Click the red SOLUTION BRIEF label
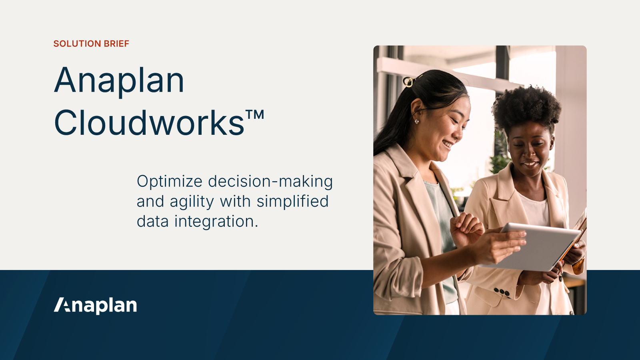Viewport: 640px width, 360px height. click(91, 44)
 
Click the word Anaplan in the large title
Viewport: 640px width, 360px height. click(119, 81)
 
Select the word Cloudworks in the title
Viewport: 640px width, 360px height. click(149, 123)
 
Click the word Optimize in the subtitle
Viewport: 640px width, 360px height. click(170, 182)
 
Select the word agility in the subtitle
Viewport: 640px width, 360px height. click(192, 202)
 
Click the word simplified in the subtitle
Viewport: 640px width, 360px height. click(292, 201)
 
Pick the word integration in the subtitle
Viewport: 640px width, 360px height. click(216, 222)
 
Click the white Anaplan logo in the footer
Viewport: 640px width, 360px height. click(96, 305)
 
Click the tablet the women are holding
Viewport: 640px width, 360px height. click(536, 246)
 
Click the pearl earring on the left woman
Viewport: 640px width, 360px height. click(417, 121)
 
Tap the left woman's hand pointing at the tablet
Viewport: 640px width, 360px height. click(466, 228)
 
